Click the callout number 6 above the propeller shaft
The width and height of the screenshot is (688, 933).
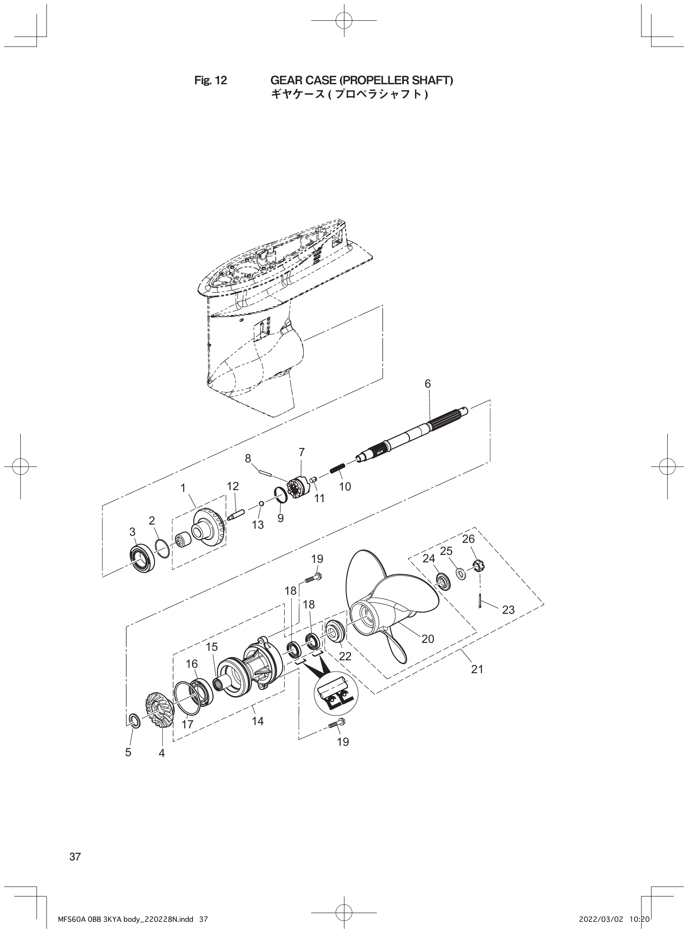tap(428, 384)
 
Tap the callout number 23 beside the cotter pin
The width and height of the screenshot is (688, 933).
tap(508, 610)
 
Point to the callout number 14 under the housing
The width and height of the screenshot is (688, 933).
tap(258, 721)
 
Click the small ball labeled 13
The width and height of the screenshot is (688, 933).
tap(261, 503)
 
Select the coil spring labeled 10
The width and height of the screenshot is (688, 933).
tap(337, 469)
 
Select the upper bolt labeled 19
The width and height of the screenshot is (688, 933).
tap(314, 578)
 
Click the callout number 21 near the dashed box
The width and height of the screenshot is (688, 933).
tap(477, 669)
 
